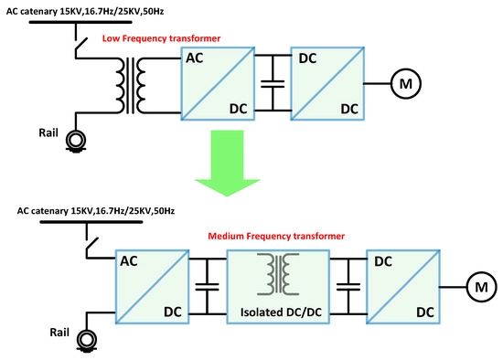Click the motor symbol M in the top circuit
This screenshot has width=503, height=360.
click(403, 84)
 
